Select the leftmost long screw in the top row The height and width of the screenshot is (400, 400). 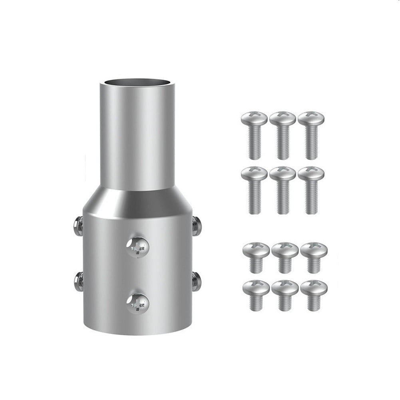(254, 134)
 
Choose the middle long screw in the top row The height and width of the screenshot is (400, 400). (283, 134)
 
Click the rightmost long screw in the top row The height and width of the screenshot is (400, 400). (311, 134)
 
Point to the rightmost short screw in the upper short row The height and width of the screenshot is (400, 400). (313, 256)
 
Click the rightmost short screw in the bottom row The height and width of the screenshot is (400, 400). (313, 294)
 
